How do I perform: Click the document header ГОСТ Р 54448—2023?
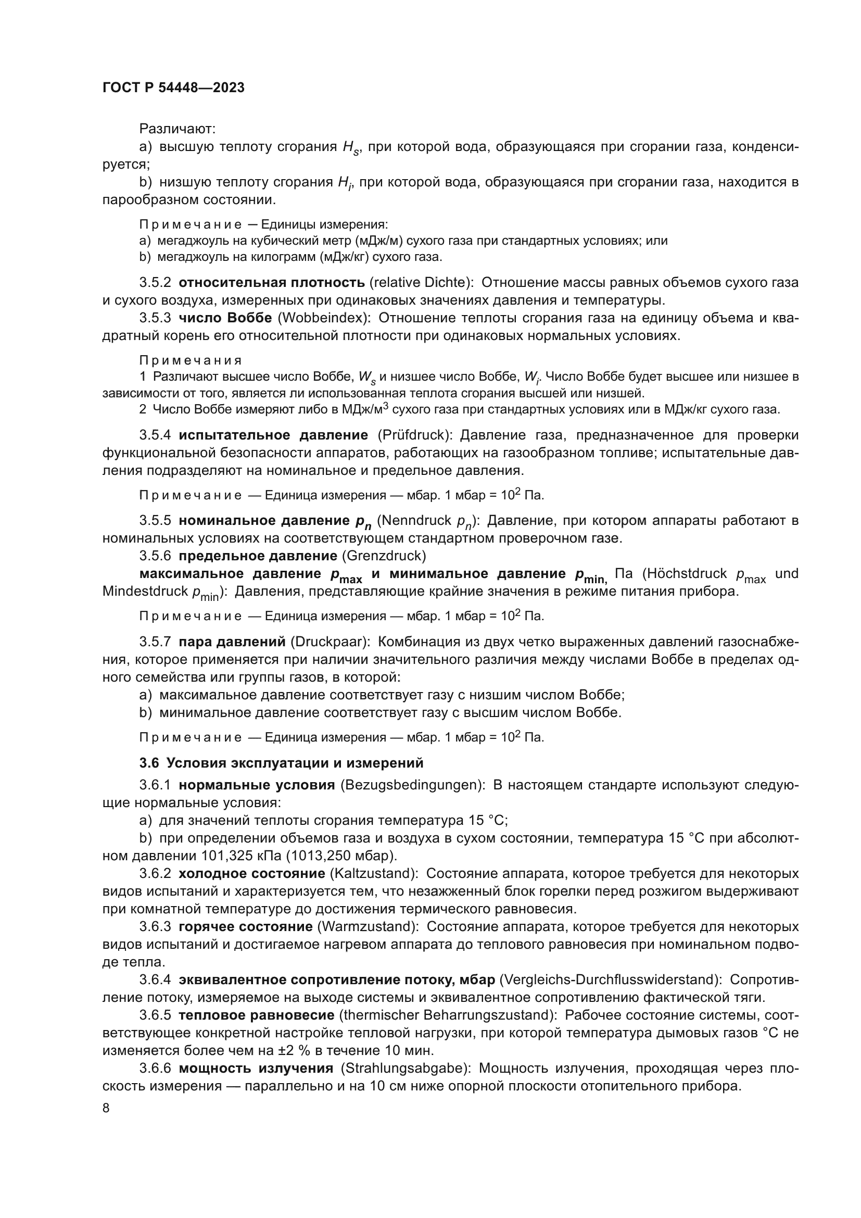[173, 88]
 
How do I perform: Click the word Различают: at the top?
[177, 129]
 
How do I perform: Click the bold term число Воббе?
[225, 318]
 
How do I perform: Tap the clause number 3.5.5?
[155, 521]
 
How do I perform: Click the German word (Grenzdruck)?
[384, 556]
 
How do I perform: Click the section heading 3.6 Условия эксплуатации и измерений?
[282, 763]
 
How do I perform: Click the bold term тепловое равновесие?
[257, 1015]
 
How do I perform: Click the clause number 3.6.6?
[155, 1069]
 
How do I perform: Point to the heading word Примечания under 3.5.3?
[191, 361]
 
